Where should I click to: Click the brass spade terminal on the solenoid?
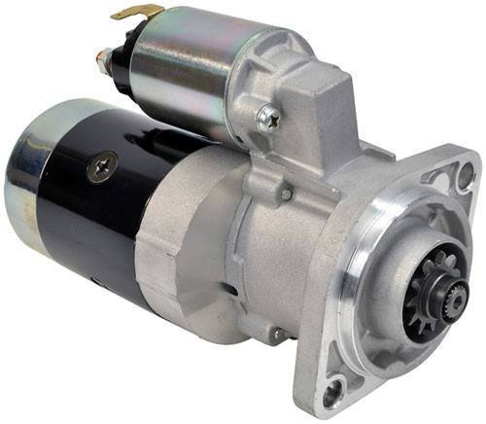coord(136,12)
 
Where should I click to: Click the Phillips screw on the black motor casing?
coord(101,167)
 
